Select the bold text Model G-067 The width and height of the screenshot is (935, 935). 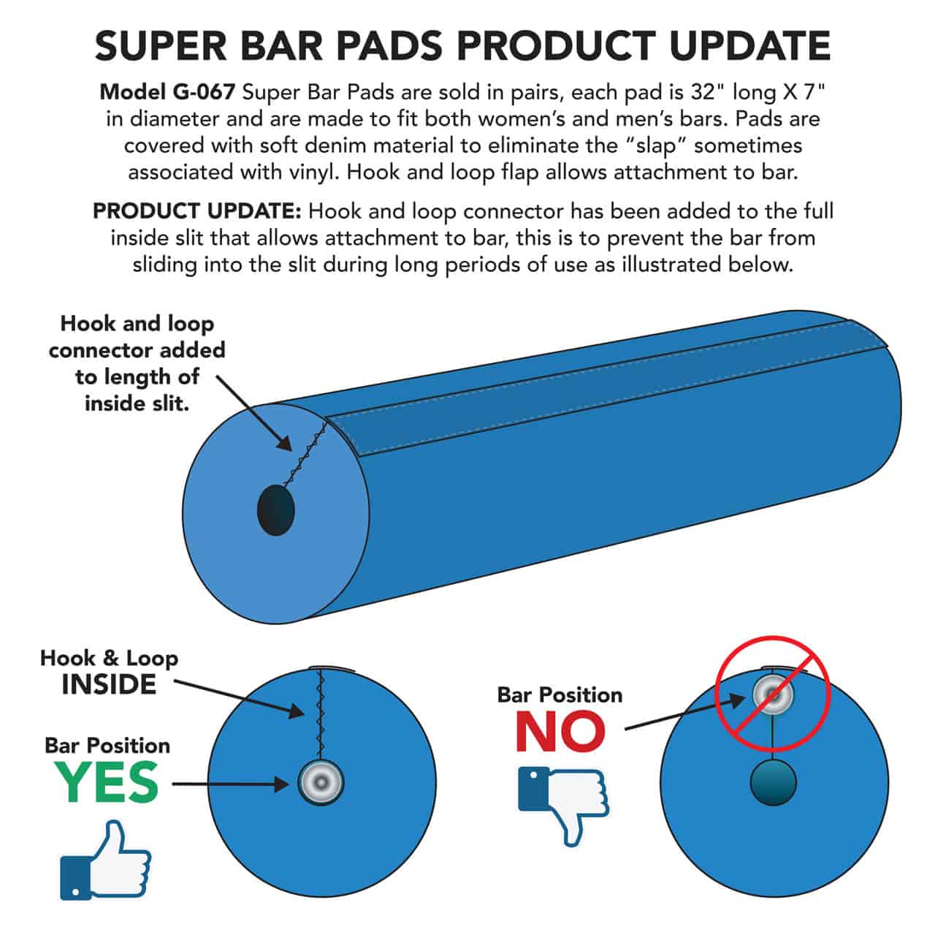click(167, 92)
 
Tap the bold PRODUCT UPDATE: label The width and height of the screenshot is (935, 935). click(196, 211)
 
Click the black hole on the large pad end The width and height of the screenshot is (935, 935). click(275, 510)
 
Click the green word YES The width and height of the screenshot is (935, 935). click(107, 783)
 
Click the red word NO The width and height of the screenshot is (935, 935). click(560, 731)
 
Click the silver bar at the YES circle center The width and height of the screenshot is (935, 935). click(321, 783)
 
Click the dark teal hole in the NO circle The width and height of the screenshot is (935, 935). click(773, 782)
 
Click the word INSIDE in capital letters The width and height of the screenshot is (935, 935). click(109, 685)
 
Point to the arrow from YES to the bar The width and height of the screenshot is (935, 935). click(234, 784)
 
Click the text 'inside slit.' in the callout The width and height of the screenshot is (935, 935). click(137, 402)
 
